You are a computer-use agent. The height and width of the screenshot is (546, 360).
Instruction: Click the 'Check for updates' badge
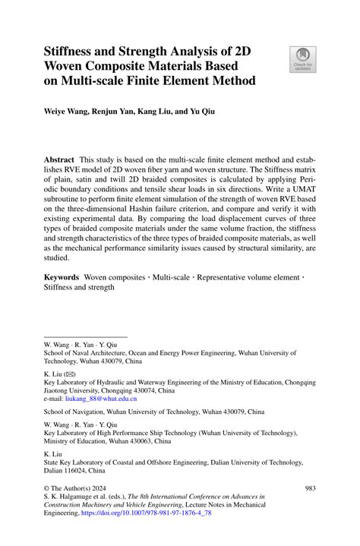click(304, 58)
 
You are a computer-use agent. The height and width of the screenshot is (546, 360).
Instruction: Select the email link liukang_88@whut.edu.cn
click(101, 398)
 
